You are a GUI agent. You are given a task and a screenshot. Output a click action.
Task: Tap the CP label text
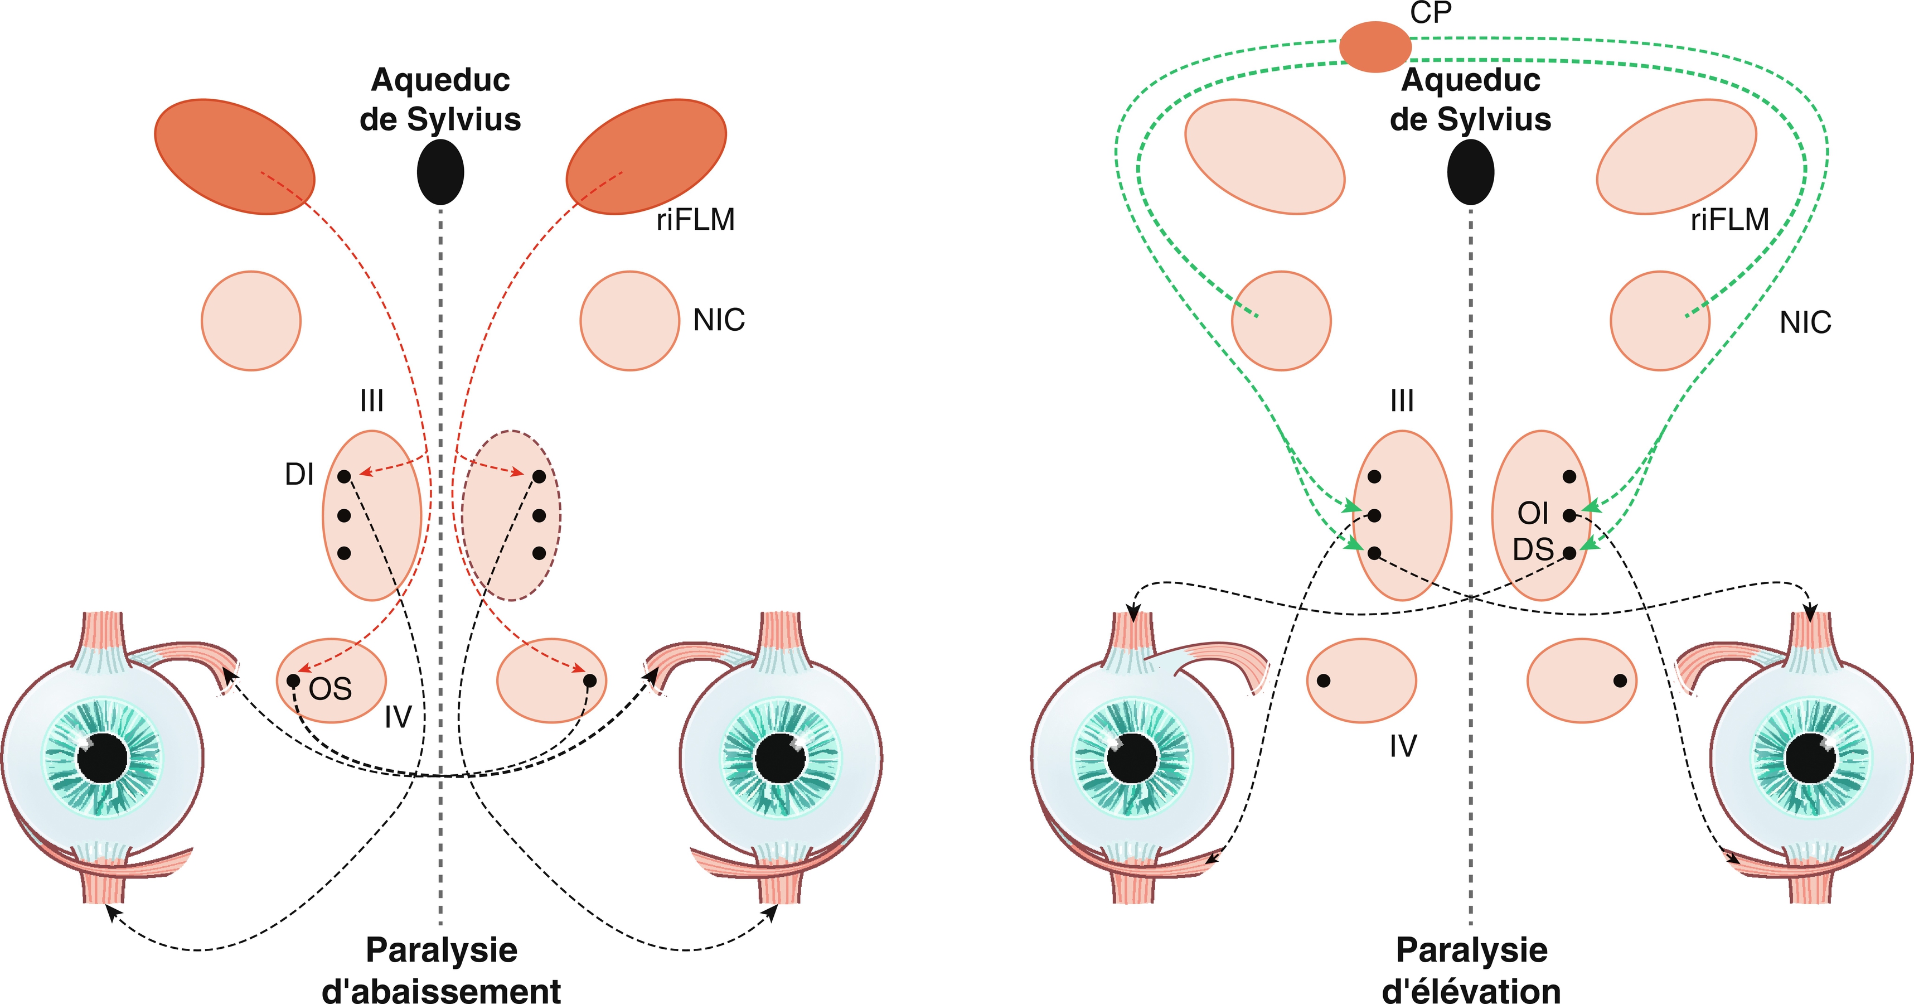coord(1430,13)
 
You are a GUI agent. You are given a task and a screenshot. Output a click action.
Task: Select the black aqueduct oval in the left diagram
coord(440,172)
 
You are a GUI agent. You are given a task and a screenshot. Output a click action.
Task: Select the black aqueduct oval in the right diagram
coord(1470,172)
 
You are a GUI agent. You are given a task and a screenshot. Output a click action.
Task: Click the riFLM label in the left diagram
coord(695,220)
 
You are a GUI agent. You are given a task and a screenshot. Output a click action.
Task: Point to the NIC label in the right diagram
coord(1805,322)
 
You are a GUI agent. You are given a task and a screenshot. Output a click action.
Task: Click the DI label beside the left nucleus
coord(299,474)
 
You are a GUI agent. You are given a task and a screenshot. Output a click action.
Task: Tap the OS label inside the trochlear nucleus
coord(330,689)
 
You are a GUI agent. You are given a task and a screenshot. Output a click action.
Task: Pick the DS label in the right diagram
coord(1533,550)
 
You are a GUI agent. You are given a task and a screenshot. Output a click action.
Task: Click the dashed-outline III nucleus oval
coord(511,515)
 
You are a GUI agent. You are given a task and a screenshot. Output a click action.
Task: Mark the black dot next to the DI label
coord(344,476)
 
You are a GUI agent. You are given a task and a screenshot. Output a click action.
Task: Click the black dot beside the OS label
coord(293,680)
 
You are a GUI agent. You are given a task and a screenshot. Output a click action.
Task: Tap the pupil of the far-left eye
coord(103,758)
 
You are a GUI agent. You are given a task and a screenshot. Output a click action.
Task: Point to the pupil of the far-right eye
coord(1811,759)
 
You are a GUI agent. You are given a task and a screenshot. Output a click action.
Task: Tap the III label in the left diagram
coord(371,401)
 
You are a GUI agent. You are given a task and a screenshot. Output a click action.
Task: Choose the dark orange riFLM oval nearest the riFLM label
coord(646,156)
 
